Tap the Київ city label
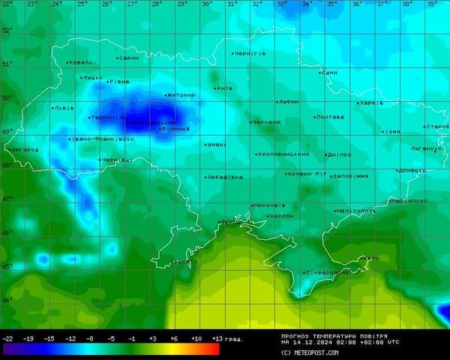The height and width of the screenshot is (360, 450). point(225,88)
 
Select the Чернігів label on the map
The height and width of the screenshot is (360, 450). point(250,54)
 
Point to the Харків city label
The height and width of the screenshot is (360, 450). point(372,103)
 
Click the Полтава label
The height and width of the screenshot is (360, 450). point(330,117)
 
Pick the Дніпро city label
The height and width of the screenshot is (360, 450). point(340,154)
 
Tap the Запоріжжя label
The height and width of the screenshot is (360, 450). point(350,176)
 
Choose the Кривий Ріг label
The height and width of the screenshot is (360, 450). point(307,174)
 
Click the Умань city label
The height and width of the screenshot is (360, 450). point(217,144)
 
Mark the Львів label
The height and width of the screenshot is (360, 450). point(64,108)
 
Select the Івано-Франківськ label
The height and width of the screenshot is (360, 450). point(103,139)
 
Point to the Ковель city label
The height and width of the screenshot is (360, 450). point(80,62)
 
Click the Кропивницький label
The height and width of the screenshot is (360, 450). point(283,154)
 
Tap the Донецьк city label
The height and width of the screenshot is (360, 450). point(412,170)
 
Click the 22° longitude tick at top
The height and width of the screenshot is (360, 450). point(7,4)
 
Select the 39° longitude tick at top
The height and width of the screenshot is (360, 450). point(432,4)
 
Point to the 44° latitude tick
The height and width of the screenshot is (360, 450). point(7,301)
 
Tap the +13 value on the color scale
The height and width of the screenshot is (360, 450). point(217,339)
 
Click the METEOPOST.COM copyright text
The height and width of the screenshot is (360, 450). point(310,352)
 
